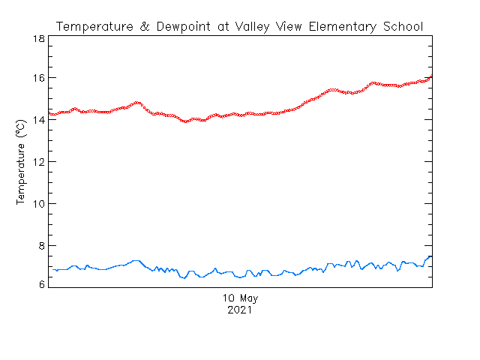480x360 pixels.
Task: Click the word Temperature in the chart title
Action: pos(90,27)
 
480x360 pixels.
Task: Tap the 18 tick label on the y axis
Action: pos(39,37)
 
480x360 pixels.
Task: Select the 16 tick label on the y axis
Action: pos(39,78)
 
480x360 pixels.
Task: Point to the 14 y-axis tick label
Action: pos(39,120)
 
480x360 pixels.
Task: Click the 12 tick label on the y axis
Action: pos(39,162)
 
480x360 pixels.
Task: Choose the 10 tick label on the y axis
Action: pos(39,204)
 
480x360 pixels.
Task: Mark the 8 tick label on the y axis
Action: pos(42,246)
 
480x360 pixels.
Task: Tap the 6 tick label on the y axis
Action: pos(42,283)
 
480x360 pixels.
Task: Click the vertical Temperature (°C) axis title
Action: pos(22,162)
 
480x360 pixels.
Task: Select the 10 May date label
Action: pos(240,298)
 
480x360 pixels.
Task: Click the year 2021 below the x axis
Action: pos(240,310)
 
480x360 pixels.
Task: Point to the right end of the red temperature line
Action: pos(431,76)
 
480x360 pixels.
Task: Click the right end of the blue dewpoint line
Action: pos(431,256)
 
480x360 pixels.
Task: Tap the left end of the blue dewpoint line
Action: pos(50,269)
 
